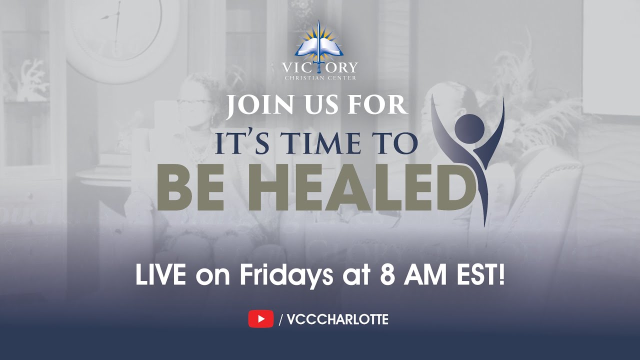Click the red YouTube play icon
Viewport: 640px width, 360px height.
tap(260, 319)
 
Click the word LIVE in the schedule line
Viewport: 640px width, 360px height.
tap(161, 276)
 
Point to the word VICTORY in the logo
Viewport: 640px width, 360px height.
tap(319, 67)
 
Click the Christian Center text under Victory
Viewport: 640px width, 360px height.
tap(319, 78)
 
